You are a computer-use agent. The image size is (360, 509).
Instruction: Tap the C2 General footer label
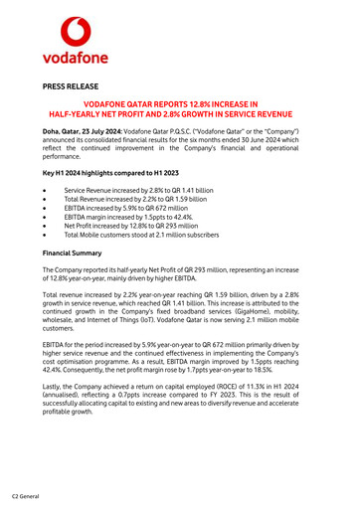tap(26, 495)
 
